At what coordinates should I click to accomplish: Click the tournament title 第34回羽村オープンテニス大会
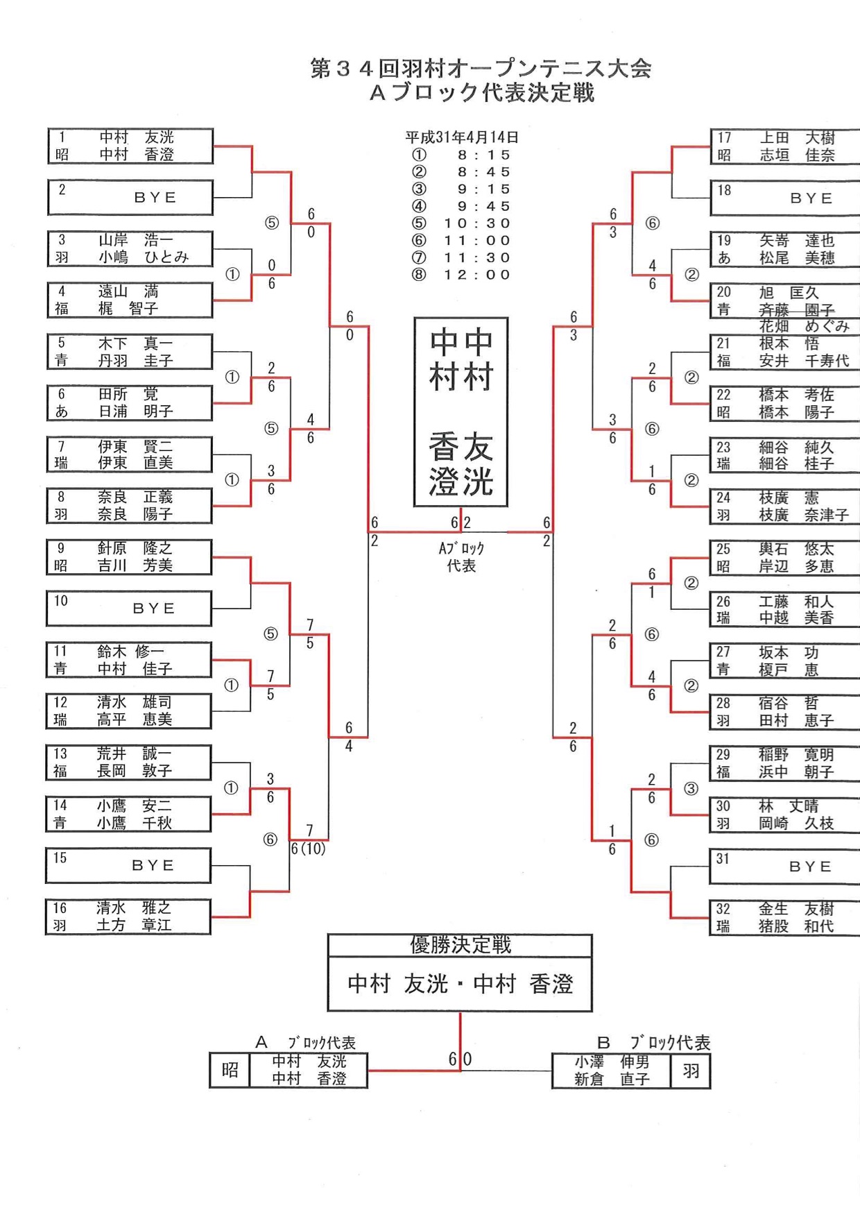pos(481,68)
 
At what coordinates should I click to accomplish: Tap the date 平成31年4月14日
pos(462,137)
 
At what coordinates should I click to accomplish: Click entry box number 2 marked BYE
pos(130,198)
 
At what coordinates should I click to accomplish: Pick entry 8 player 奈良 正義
pos(135,497)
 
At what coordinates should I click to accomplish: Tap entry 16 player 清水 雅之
pos(134,908)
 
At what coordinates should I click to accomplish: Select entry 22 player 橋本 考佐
pos(796,395)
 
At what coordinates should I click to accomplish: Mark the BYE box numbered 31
pos(784,866)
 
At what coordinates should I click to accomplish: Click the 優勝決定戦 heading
pos(461,945)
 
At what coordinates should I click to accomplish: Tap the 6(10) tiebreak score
pos(309,849)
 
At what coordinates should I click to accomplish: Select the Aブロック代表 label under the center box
pos(461,556)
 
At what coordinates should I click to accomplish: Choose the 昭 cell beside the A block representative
pos(230,1071)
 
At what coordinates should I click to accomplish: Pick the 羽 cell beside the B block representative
pos(691,1071)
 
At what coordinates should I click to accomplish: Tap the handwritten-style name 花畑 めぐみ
pos(804,326)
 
